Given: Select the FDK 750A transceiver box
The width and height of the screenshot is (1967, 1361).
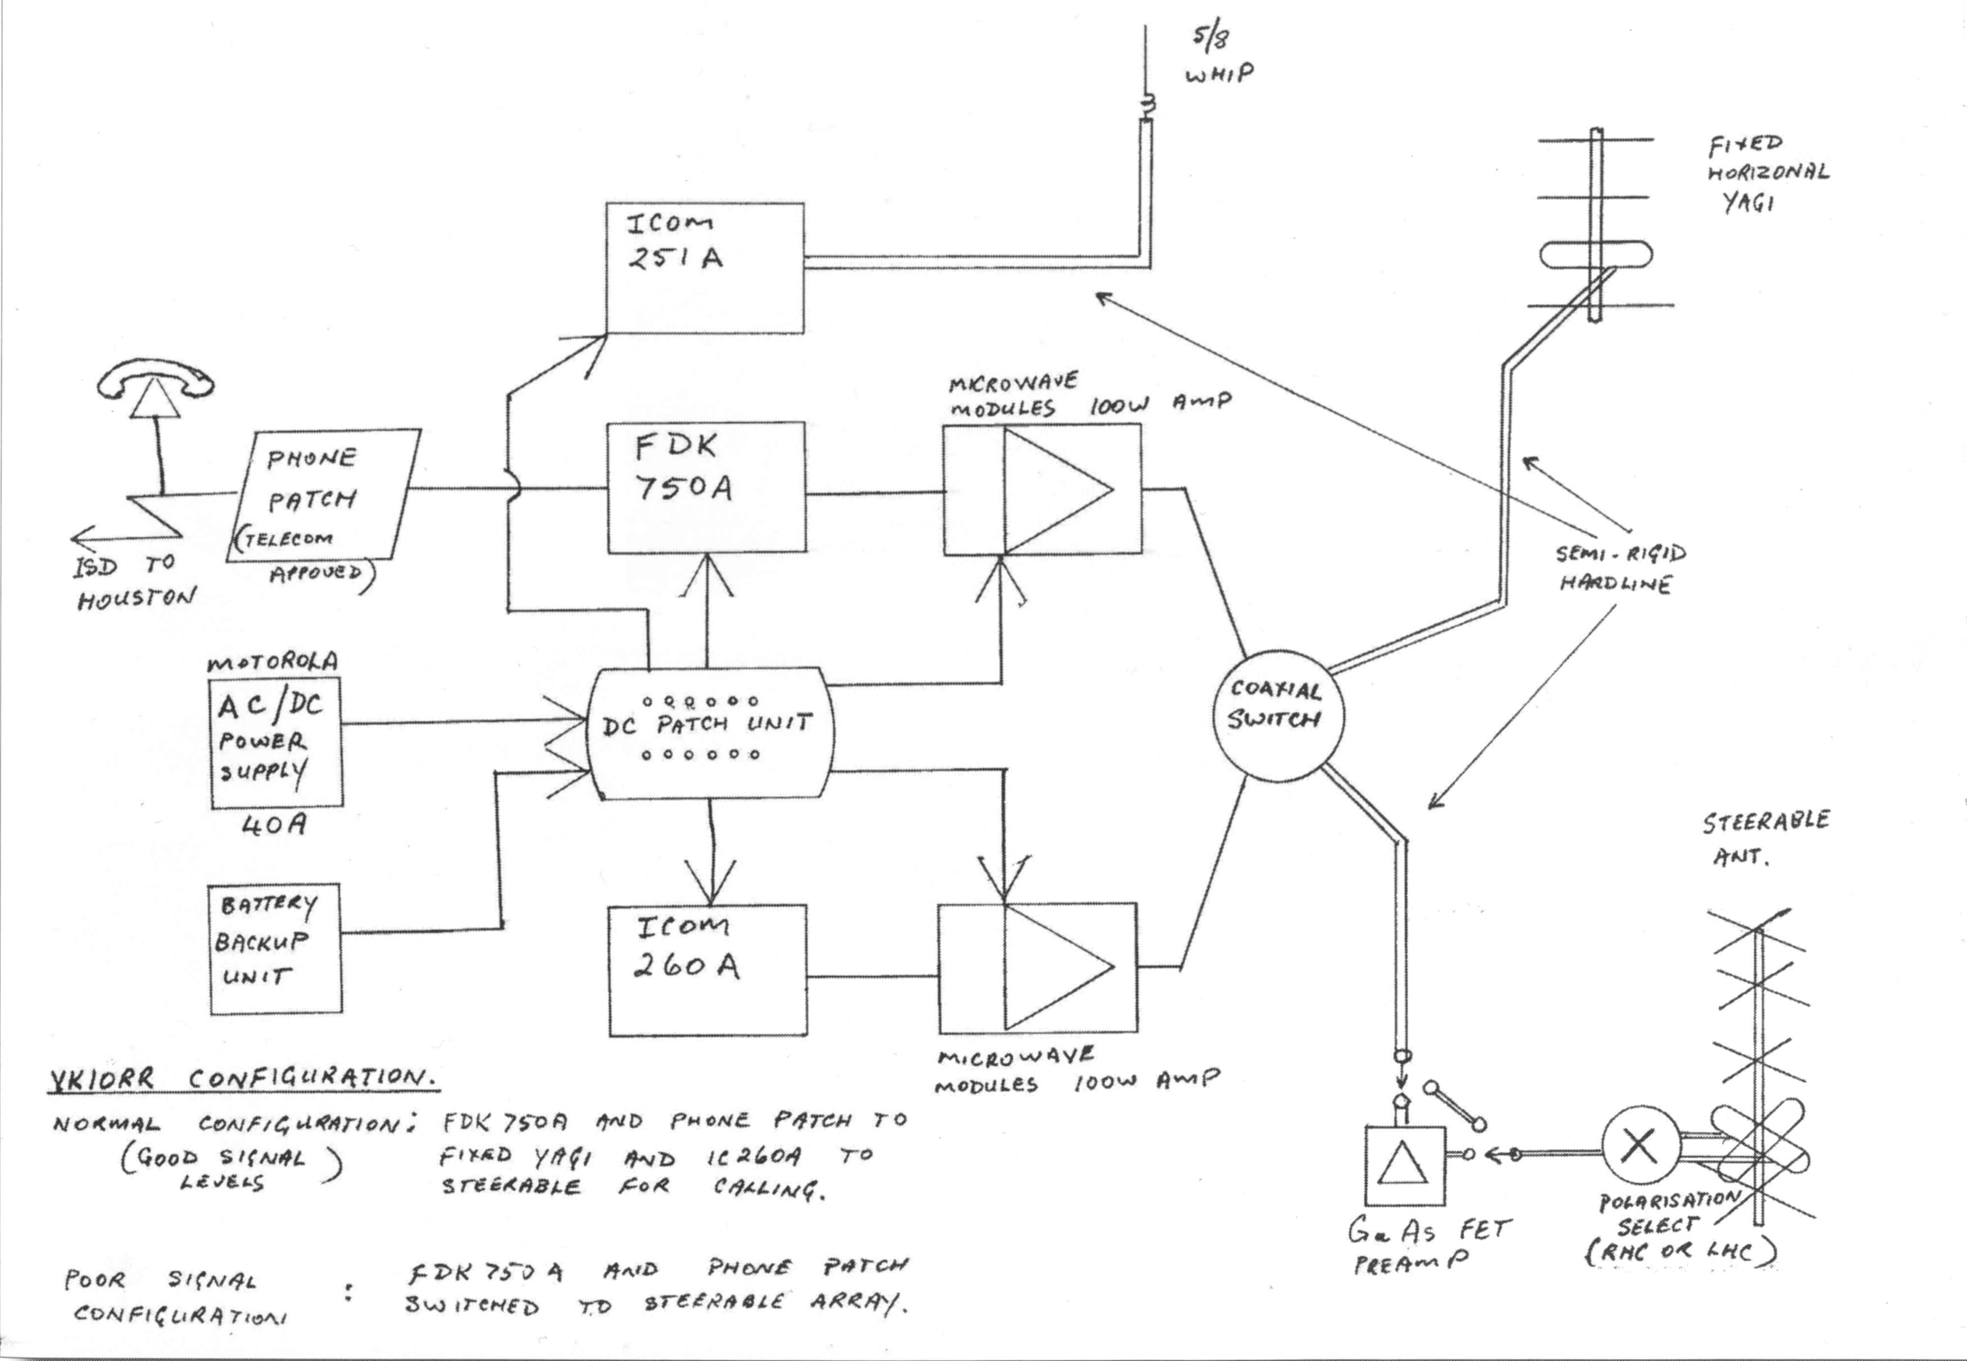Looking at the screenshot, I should tap(706, 488).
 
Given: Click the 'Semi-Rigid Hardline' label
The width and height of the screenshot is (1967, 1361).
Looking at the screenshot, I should tap(1619, 569).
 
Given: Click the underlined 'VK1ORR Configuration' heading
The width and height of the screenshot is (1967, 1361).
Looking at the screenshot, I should tap(243, 1079).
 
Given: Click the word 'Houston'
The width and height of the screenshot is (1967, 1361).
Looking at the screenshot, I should tap(137, 599).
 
